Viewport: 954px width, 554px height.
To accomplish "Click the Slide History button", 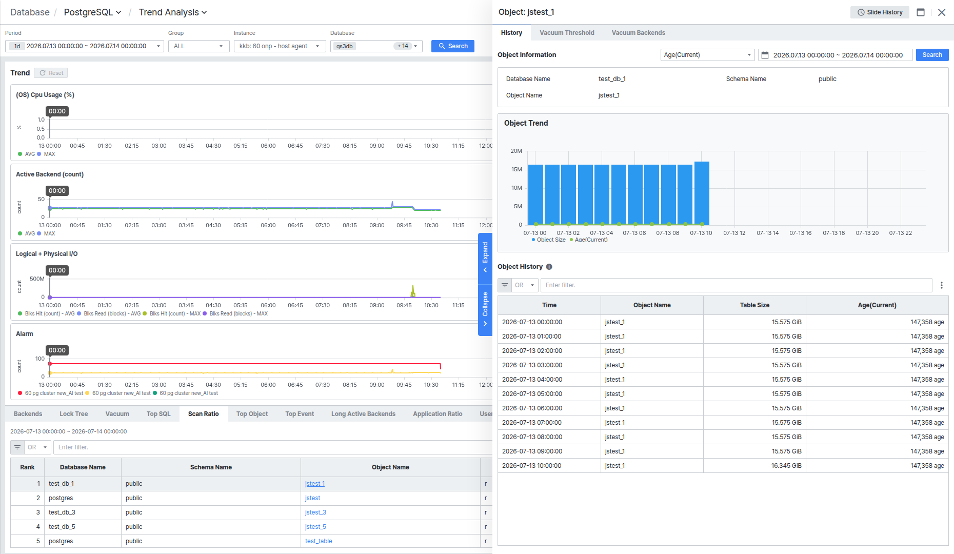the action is pos(880,12).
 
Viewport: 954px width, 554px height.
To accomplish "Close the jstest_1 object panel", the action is pos(942,12).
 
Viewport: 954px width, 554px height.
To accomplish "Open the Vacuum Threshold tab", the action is pos(567,33).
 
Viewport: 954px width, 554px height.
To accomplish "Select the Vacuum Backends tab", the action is pos(638,33).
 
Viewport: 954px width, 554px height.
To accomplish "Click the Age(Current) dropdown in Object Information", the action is pos(707,55).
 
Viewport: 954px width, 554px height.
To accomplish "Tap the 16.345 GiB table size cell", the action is pos(786,466).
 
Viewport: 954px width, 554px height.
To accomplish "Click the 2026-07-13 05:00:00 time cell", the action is pos(532,394).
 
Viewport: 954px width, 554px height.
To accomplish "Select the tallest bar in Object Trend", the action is pos(702,193).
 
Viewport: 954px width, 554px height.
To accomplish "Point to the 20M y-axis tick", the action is pos(516,151).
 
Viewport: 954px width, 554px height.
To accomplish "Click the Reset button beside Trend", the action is pos(51,73).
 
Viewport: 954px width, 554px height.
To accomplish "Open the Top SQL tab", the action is pos(158,414).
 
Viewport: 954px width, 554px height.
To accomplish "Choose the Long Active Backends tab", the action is pos(363,414).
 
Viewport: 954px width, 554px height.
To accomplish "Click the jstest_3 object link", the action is pos(315,512).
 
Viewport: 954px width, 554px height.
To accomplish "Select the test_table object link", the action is pos(319,541).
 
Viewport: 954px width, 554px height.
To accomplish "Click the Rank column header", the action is pos(27,467).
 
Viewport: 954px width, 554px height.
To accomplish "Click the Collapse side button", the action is pos(485,309).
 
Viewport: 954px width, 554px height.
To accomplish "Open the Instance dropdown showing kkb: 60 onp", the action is pos(280,46).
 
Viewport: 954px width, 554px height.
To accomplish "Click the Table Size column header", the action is pos(754,305).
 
